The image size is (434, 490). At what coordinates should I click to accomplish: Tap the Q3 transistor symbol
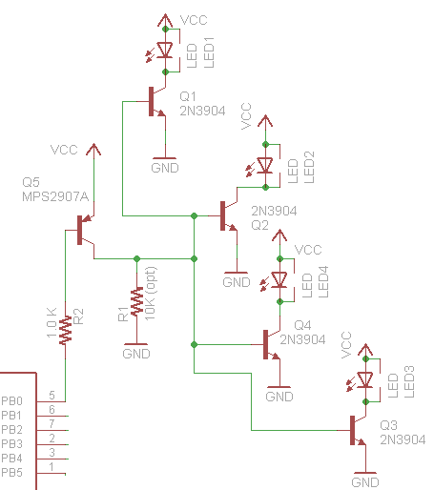click(358, 430)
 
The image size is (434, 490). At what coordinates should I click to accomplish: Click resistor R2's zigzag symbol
click(65, 330)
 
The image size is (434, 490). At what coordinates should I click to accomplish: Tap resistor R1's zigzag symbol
click(137, 301)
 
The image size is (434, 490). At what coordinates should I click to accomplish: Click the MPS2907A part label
click(55, 196)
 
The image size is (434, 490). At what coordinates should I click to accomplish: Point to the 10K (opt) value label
click(150, 294)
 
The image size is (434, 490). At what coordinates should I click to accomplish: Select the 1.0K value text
click(52, 322)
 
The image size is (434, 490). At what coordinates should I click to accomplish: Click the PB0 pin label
click(11, 401)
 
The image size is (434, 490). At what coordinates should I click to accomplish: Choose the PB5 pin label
click(11, 473)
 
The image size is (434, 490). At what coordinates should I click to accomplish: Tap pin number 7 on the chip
click(52, 423)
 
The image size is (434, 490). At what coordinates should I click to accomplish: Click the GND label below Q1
click(165, 168)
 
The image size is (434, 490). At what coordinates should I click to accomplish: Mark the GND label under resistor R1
click(136, 354)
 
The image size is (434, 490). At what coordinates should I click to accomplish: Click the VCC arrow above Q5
click(93, 150)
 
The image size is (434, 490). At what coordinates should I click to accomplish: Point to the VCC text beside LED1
click(194, 20)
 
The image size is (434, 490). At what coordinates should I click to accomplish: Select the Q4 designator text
click(302, 325)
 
